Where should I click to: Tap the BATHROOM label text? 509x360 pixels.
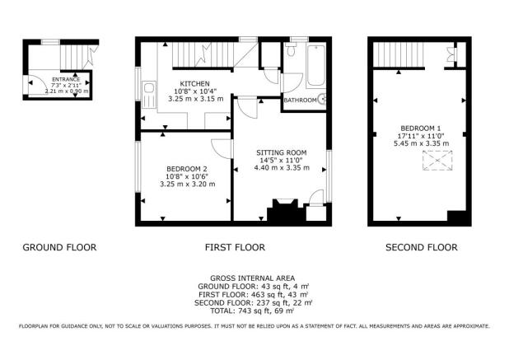point(300,101)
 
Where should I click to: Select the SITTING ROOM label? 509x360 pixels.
point(282,152)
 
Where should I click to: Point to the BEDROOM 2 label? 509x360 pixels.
point(187,169)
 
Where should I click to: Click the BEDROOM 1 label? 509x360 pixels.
point(421,129)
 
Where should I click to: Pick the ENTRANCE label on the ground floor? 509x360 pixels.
point(66,80)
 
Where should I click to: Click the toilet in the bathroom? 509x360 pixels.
point(291,50)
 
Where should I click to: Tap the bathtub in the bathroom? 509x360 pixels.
point(315,65)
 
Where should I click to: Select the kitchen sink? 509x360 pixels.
point(149,94)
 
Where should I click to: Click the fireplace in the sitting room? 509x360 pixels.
point(285,210)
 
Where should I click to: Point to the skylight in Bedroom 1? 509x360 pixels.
point(437,161)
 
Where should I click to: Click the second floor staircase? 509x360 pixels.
point(399,54)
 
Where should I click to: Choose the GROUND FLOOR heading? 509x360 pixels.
point(59,247)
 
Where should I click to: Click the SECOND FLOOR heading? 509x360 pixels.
point(422,247)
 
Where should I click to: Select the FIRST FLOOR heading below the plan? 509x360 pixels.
point(235,247)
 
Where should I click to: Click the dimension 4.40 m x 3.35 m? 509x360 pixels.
point(282,168)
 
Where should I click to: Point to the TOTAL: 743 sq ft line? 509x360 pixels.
point(253,311)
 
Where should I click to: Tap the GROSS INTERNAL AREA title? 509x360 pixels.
point(253,278)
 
